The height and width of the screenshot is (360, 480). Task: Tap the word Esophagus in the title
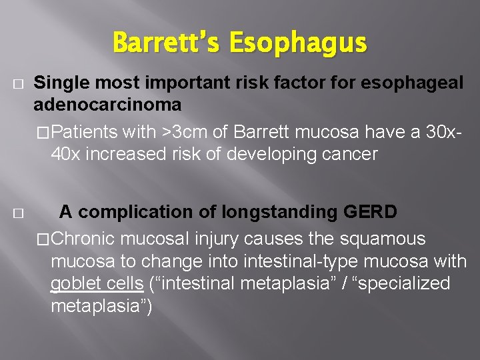[298, 45]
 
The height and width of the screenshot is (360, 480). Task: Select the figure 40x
[65, 155]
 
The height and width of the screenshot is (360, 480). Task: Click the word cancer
[347, 155]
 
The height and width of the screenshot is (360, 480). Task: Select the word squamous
[392, 238]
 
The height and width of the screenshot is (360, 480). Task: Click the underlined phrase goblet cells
[97, 283]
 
